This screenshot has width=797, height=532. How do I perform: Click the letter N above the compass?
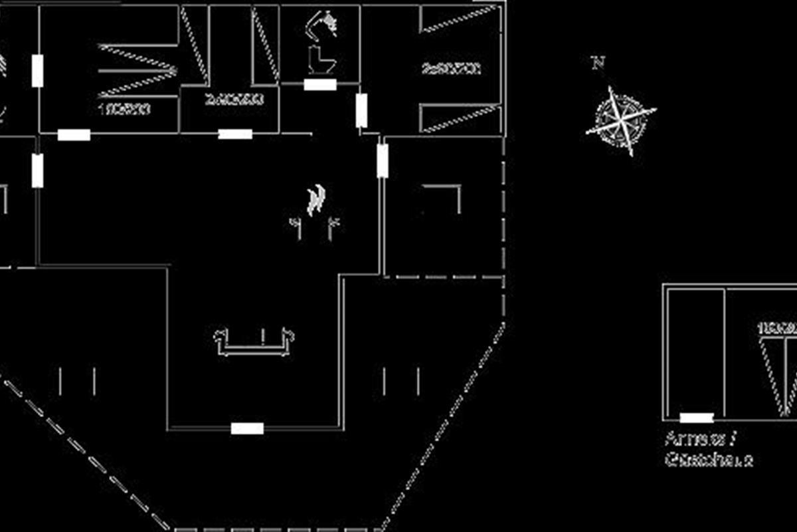(x=598, y=63)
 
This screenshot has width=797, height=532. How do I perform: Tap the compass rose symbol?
(x=620, y=120)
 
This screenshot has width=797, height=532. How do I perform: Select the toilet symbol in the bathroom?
(x=321, y=60)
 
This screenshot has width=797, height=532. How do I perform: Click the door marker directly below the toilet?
(x=320, y=84)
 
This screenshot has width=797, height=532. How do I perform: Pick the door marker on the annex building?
(x=697, y=418)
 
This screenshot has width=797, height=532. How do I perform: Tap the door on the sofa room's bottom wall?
(x=247, y=428)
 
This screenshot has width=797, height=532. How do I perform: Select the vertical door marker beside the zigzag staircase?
(x=37, y=71)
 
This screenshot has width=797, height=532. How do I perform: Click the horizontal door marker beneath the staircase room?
(x=74, y=135)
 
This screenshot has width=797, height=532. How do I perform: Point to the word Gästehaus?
(x=709, y=460)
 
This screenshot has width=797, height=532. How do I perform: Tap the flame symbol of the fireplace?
(x=316, y=199)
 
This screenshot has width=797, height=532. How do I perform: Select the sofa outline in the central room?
(x=254, y=340)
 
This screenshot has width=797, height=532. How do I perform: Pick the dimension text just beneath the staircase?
(x=124, y=108)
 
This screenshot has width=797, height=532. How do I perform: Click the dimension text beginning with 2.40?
(x=234, y=100)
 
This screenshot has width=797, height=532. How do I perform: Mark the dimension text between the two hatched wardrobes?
(x=451, y=68)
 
